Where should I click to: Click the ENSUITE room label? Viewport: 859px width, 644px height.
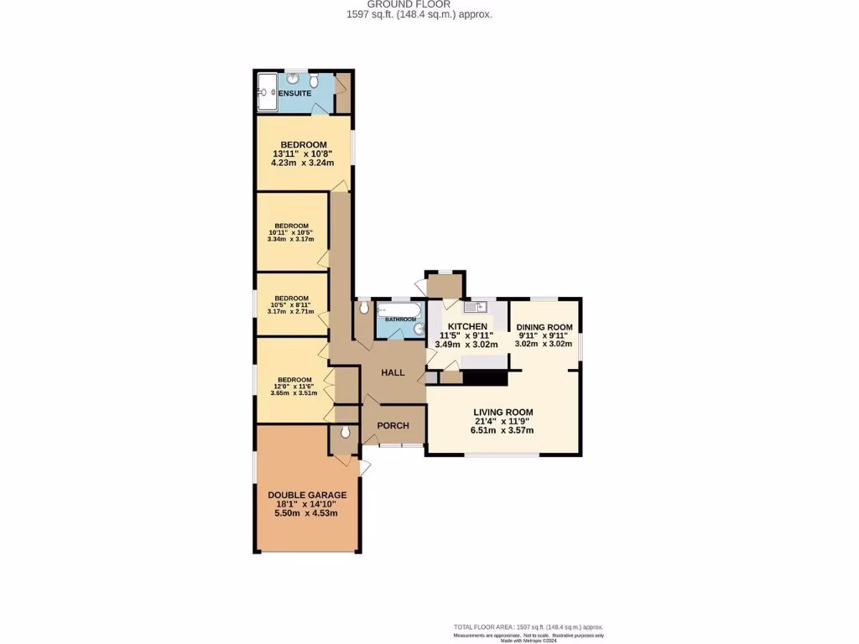(294, 93)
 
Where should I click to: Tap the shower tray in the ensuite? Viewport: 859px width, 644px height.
(268, 91)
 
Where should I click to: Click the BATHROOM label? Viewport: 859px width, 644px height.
(400, 319)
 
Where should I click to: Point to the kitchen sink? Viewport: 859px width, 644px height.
(470, 307)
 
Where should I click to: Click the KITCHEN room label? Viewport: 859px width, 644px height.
(467, 326)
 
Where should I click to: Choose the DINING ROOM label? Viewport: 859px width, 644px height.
(544, 327)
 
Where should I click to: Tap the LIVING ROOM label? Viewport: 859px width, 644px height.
(502, 412)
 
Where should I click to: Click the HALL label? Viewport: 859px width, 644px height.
(393, 372)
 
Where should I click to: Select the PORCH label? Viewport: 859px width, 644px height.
(393, 426)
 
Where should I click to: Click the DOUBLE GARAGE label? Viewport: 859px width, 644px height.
(307, 495)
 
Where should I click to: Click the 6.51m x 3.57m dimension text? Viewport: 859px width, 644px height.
(502, 430)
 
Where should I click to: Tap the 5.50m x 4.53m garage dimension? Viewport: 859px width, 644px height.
(307, 513)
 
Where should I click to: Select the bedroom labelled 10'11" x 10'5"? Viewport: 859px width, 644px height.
(291, 232)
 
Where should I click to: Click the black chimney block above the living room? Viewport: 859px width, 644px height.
(486, 377)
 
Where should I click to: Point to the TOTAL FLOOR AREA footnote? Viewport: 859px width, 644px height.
(528, 627)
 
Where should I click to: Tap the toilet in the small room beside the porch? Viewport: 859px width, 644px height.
(345, 434)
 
